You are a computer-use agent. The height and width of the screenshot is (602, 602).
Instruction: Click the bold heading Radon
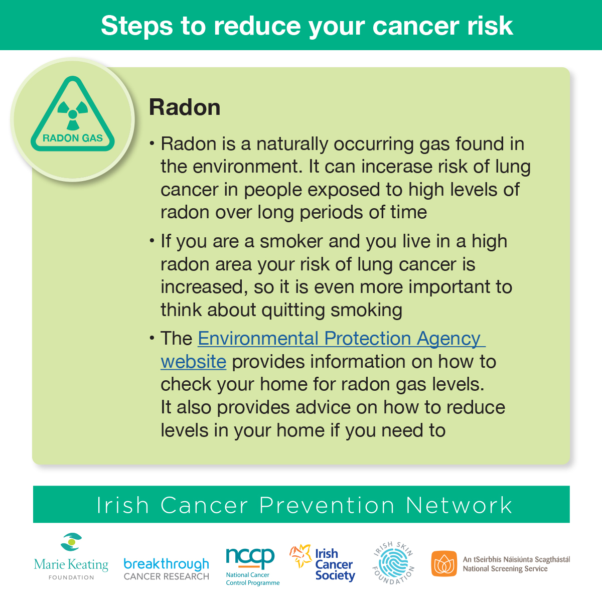coord(185,107)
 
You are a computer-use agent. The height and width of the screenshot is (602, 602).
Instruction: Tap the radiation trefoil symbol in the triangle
coord(73,115)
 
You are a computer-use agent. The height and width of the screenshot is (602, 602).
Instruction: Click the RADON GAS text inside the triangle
coord(72,138)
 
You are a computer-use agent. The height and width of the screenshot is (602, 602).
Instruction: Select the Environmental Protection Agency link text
coord(342,339)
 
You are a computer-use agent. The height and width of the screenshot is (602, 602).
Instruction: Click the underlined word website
coord(193,362)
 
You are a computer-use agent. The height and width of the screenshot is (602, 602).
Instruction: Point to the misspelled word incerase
coord(397,167)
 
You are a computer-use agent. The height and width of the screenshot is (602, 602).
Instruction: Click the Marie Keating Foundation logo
coord(71,557)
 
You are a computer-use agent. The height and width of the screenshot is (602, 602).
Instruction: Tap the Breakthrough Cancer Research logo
coord(166,569)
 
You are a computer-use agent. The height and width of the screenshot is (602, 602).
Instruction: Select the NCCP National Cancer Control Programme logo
coord(252,567)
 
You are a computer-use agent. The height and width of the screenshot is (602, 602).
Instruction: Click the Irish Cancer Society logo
coord(323,563)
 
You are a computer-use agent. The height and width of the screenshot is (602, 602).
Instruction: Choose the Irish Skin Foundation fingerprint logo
coord(393,563)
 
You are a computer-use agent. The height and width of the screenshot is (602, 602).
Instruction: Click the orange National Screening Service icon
coord(444,563)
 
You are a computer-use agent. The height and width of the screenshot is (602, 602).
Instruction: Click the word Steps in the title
coord(136,26)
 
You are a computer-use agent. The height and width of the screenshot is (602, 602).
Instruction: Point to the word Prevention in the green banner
coord(327,505)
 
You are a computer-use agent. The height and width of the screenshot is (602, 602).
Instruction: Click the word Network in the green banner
coord(459,505)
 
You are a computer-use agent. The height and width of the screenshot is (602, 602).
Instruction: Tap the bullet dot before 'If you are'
coord(152,241)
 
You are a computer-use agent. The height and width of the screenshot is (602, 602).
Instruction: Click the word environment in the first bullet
coord(247,167)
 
